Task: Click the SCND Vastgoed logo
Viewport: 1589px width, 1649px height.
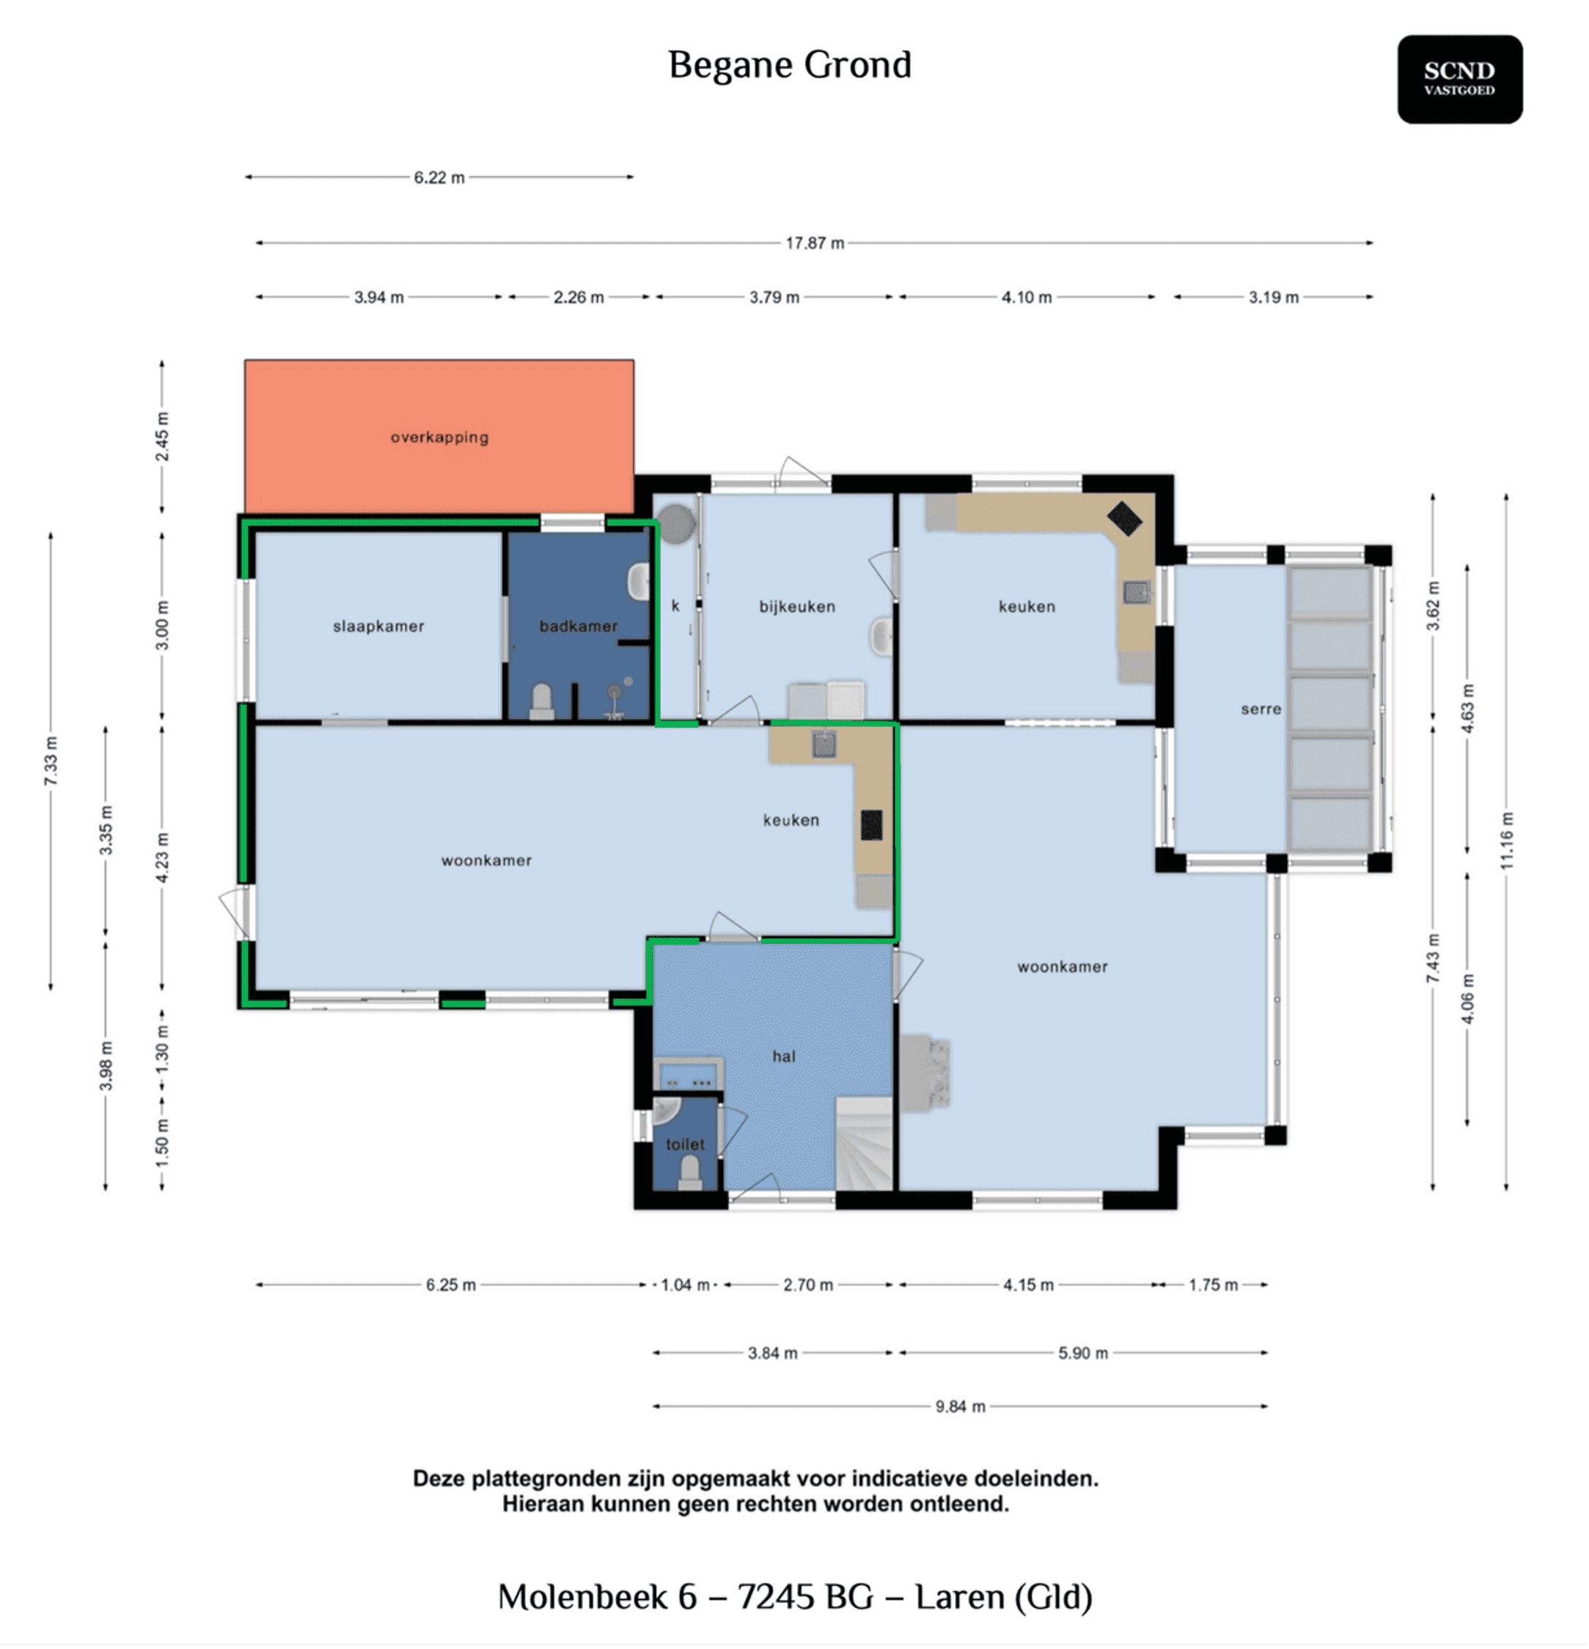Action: click(1459, 79)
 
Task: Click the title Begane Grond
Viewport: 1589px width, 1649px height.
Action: click(790, 64)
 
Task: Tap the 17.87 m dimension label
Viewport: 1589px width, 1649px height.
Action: click(814, 243)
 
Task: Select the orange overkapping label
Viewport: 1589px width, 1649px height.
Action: click(439, 438)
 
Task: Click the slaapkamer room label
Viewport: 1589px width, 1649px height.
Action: click(378, 626)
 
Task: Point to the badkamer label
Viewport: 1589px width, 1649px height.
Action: click(579, 626)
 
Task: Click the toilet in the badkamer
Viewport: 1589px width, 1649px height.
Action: click(541, 701)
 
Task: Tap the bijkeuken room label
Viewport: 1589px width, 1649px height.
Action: click(797, 607)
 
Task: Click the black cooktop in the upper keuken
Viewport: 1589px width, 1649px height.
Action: click(1123, 518)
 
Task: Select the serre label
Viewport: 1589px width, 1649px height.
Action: click(1260, 709)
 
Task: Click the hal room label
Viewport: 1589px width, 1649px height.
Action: click(784, 1057)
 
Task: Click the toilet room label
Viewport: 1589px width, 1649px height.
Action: click(685, 1144)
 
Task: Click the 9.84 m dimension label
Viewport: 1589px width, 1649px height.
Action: click(959, 1406)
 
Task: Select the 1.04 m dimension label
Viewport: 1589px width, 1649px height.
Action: click(685, 1285)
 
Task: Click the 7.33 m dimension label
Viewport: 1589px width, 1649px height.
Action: click(51, 761)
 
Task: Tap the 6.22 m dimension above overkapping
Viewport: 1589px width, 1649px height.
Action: click(438, 177)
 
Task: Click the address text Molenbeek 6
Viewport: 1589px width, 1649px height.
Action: click(598, 1597)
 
